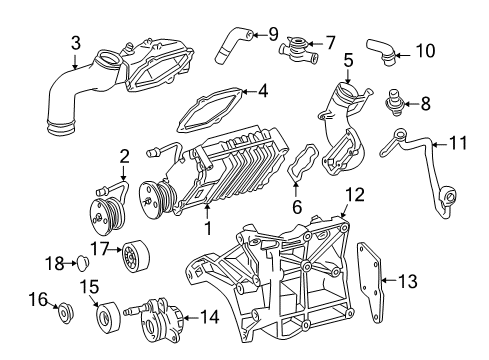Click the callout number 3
(x=76, y=43)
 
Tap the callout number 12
(x=355, y=195)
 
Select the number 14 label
(x=209, y=317)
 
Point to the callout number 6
(x=297, y=207)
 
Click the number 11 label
(x=458, y=143)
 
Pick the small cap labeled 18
(x=82, y=263)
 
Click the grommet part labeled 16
(x=64, y=313)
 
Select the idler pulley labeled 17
(x=135, y=256)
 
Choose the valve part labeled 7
(x=297, y=51)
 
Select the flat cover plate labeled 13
(x=371, y=283)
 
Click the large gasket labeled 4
(x=210, y=109)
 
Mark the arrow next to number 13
(x=388, y=280)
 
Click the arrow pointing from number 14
(x=191, y=318)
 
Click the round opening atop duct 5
(x=347, y=91)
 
